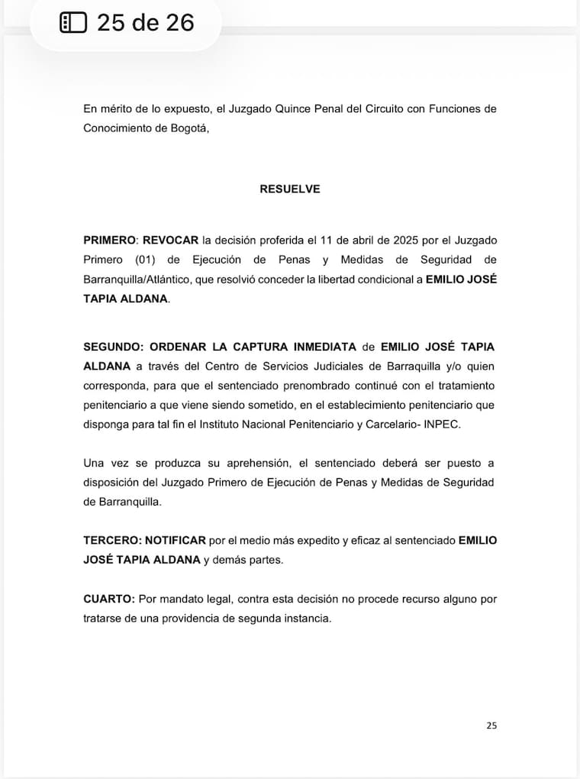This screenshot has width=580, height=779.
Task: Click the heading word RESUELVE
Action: point(290,189)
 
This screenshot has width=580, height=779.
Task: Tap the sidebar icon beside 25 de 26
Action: point(74,23)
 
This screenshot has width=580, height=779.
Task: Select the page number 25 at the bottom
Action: point(491,726)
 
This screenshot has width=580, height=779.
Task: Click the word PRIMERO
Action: point(106,240)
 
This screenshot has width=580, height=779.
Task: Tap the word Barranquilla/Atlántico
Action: point(136,280)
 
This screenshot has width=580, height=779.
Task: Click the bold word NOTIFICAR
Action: point(176,540)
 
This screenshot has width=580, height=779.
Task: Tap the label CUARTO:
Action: point(109,599)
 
